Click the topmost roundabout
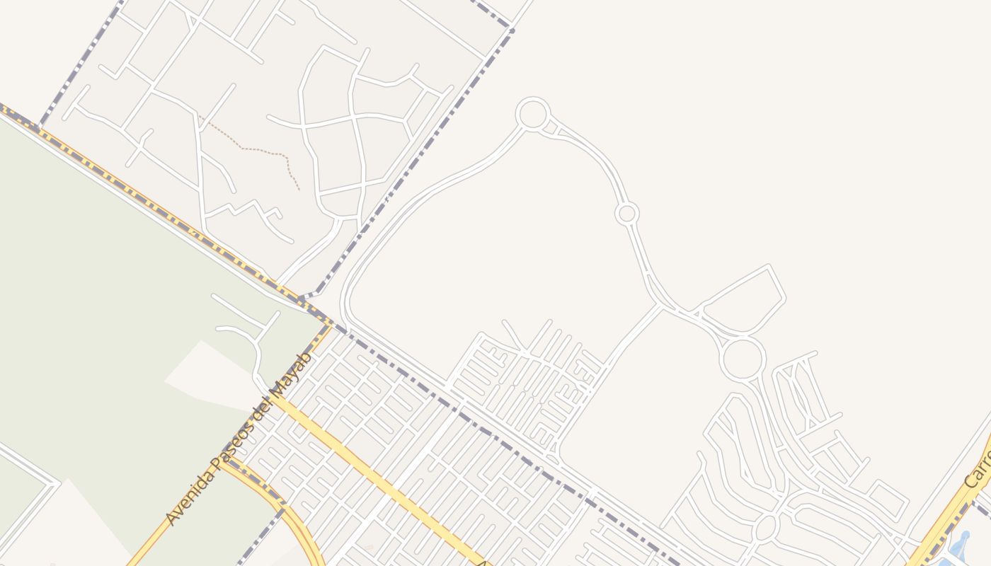[x=532, y=114]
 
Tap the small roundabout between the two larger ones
[x=626, y=213]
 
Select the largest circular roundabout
[x=743, y=359]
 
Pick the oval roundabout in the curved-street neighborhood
[x=766, y=528]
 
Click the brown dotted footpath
[x=262, y=150]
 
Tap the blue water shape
[x=960, y=546]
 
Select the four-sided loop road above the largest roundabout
[x=743, y=301]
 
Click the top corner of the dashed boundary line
[x=510, y=30]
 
